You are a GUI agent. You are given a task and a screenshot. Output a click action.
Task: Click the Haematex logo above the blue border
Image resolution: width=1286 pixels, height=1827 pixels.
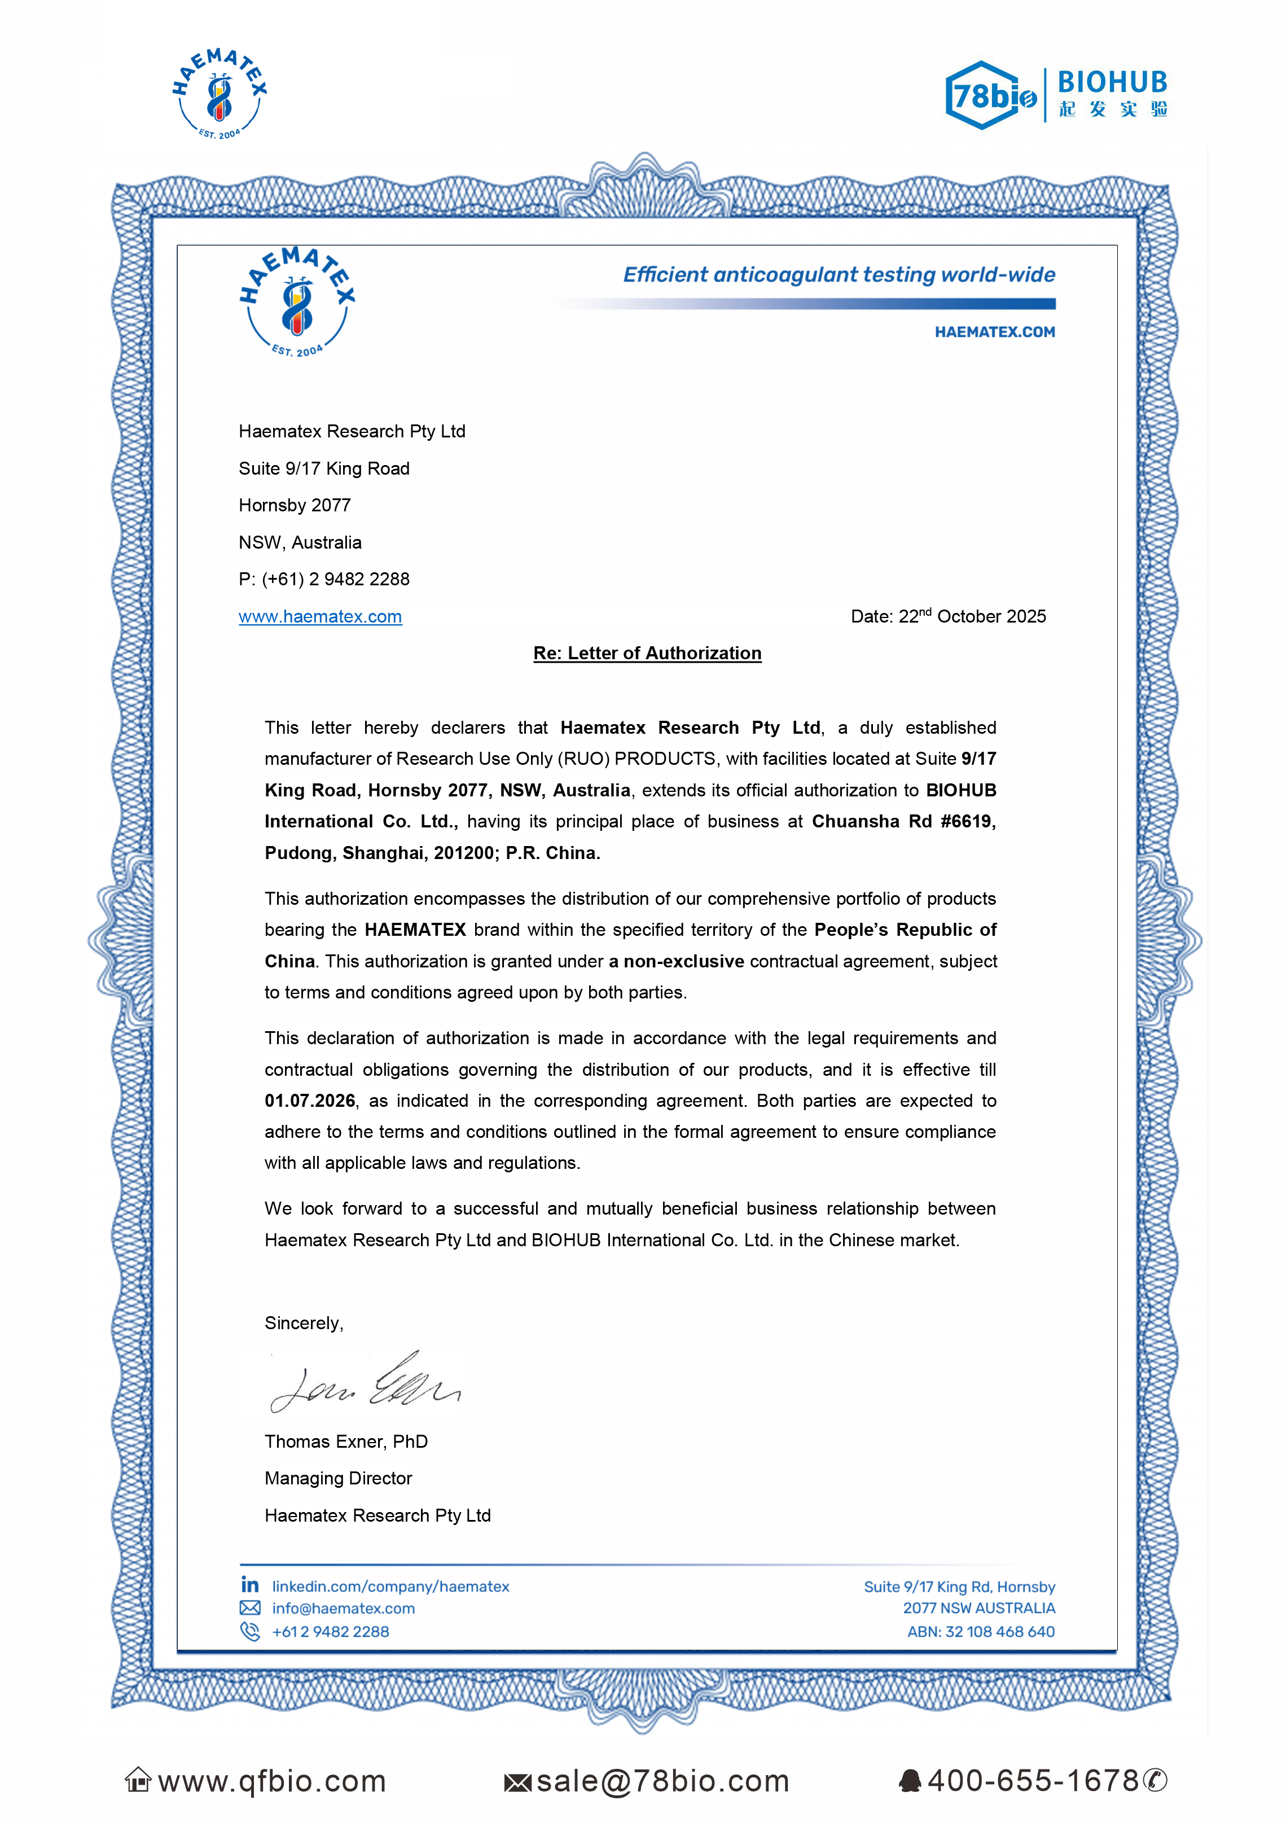(x=220, y=94)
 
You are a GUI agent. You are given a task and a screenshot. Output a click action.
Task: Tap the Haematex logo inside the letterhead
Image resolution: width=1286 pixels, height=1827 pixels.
(x=297, y=303)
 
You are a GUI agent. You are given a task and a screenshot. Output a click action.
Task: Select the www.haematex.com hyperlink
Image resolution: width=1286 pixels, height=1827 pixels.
(x=320, y=617)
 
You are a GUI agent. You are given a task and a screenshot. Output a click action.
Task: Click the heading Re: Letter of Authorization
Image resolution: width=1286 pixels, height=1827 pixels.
(x=647, y=653)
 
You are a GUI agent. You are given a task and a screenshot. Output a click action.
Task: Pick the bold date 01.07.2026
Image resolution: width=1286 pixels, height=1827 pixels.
(x=310, y=1101)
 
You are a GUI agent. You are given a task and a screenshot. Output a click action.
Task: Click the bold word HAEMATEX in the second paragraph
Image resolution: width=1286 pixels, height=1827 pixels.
(x=415, y=930)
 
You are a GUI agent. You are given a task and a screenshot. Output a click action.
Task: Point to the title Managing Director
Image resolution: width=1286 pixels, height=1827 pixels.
(x=338, y=1478)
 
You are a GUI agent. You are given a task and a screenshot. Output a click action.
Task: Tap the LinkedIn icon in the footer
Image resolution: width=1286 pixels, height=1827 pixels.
(x=250, y=1585)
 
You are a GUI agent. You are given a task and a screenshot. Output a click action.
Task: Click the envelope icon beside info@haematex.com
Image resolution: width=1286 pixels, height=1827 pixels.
(x=250, y=1607)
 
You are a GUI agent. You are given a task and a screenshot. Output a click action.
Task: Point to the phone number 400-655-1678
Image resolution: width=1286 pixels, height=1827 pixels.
(x=1033, y=1781)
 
